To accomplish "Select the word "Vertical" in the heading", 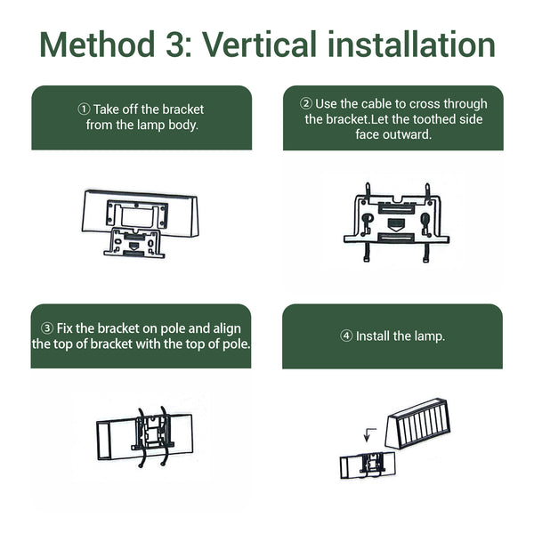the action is point(260,44).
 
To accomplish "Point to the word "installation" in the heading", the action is point(412,44).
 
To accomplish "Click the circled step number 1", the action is point(84,109).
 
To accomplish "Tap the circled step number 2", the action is point(306,103).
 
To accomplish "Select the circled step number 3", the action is point(47,328).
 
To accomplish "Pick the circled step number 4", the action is point(346,336).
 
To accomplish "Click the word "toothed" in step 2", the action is point(434,119).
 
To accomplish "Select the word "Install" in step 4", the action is point(373,336).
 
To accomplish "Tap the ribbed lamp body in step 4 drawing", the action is point(417,424).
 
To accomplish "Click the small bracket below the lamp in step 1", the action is point(134,242).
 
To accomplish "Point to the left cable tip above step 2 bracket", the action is point(368,184).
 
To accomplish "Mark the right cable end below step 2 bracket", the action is point(425,260).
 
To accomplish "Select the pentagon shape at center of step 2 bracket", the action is point(395,224).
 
